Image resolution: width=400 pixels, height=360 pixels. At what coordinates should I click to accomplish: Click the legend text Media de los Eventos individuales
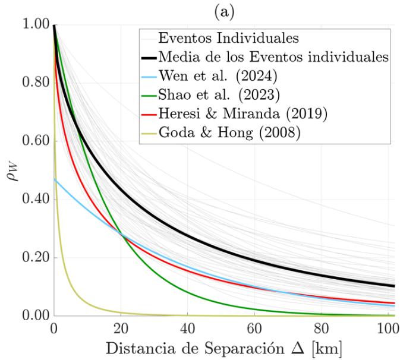[273, 58]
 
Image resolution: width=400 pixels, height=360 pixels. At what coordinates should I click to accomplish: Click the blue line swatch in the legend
[149, 77]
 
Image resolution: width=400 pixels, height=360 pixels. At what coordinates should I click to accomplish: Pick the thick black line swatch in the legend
[149, 58]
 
